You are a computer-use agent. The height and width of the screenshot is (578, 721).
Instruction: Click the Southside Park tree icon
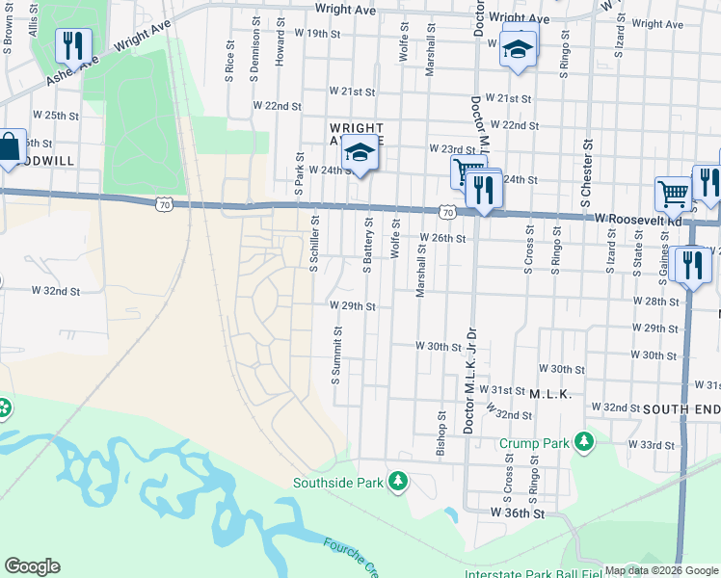pyautogui.click(x=396, y=481)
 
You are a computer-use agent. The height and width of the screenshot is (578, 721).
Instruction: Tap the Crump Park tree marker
pyautogui.click(x=583, y=442)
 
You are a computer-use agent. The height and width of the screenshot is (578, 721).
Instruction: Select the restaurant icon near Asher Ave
pyautogui.click(x=72, y=44)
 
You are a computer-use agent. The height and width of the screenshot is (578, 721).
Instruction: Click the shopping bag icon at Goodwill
pyautogui.click(x=9, y=148)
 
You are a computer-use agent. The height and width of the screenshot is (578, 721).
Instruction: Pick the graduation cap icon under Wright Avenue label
pyautogui.click(x=360, y=154)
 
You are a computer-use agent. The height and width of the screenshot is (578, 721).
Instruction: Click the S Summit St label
pyautogui.click(x=336, y=355)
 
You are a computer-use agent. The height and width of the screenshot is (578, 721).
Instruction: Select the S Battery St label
pyautogui.click(x=367, y=245)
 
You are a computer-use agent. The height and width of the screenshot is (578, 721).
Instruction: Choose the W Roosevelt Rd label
pyautogui.click(x=638, y=221)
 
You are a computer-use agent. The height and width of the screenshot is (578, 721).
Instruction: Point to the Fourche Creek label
pyautogui.click(x=343, y=554)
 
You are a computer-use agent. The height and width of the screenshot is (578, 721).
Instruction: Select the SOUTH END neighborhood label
pyautogui.click(x=681, y=408)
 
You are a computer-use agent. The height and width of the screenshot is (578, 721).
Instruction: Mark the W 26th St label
pyautogui.click(x=442, y=238)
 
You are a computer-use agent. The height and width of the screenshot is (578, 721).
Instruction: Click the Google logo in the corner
pyautogui.click(x=32, y=566)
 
